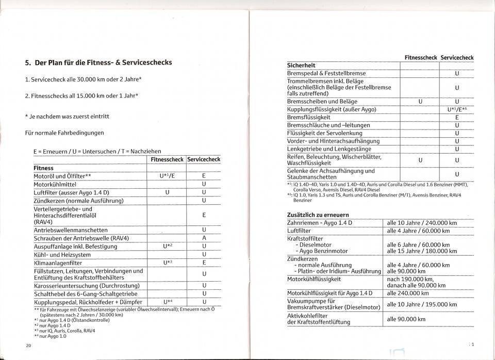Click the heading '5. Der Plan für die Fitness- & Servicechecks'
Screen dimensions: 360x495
(98, 62)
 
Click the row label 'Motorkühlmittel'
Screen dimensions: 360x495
(55, 184)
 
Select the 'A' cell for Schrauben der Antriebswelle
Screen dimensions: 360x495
(204, 238)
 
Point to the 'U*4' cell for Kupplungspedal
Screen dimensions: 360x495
(167, 302)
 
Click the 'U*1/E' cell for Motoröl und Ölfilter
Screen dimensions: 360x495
(168, 176)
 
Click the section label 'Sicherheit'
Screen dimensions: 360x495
(301, 66)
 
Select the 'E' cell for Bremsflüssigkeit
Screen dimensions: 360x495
(457, 117)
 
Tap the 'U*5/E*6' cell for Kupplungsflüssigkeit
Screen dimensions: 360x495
(457, 109)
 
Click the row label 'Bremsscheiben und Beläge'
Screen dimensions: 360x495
(322, 101)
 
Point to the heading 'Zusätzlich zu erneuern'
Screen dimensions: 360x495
(318, 215)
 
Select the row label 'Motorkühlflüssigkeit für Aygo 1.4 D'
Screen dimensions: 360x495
(329, 293)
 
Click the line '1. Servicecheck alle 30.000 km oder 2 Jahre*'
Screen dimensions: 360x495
(84, 80)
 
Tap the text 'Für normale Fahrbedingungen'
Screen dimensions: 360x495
(64, 133)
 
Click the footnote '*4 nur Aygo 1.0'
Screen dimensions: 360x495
(50, 336)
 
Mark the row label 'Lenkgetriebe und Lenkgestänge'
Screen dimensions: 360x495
(329, 149)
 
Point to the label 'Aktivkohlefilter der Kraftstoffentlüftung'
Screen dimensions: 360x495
(318, 318)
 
